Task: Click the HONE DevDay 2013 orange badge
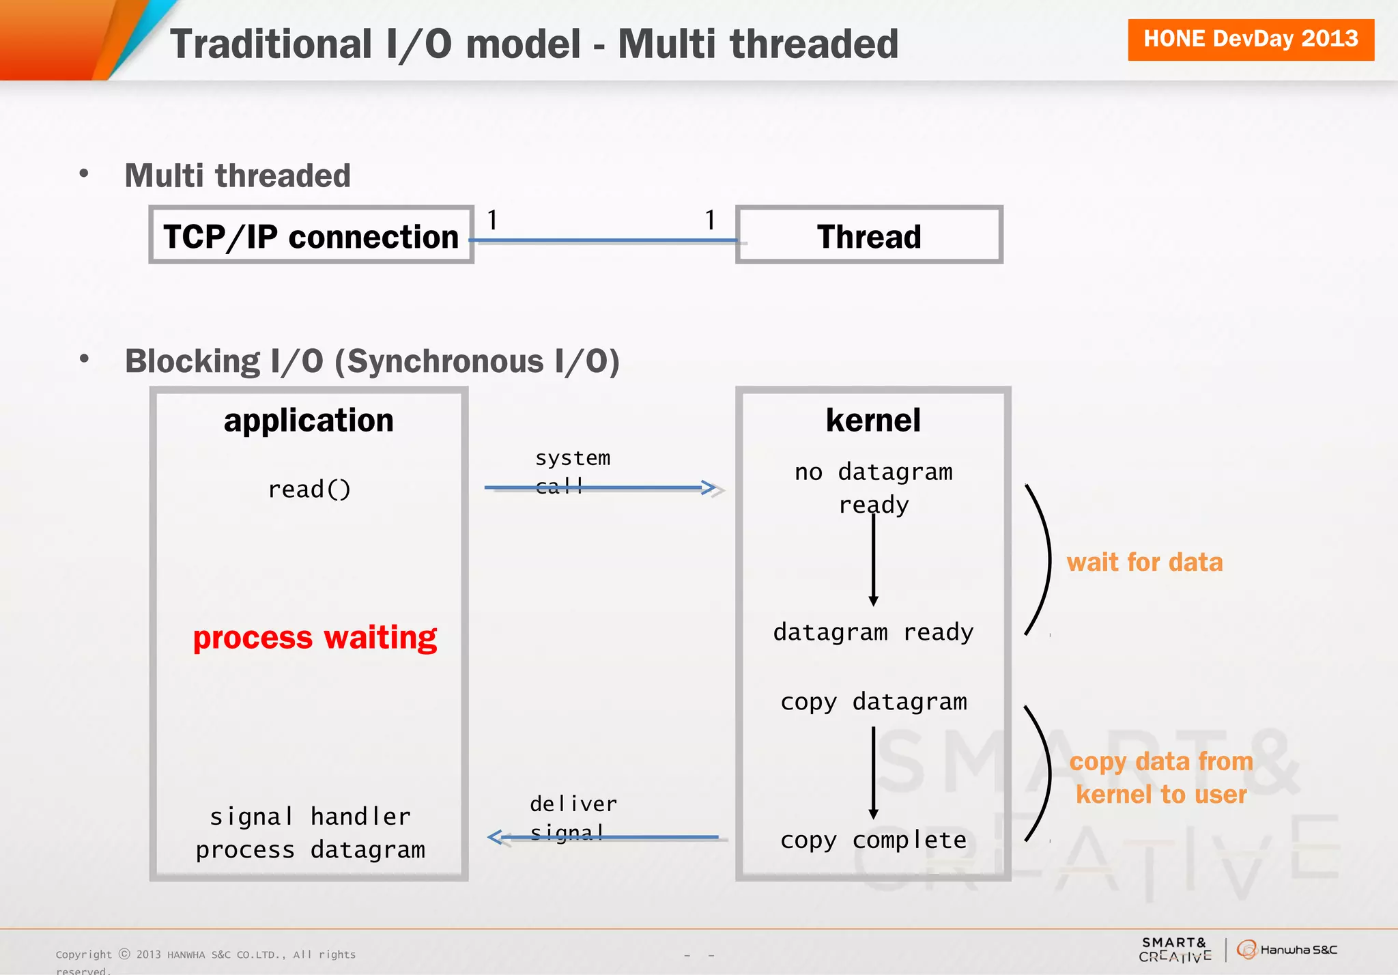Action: click(x=1250, y=40)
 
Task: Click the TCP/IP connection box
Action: click(x=311, y=235)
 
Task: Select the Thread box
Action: click(x=868, y=235)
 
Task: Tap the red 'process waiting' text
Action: click(x=315, y=638)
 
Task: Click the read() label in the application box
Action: click(x=309, y=489)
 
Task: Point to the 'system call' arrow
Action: click(x=601, y=487)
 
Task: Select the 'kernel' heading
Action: click(x=873, y=420)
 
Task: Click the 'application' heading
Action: click(x=309, y=420)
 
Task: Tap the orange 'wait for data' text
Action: click(x=1144, y=562)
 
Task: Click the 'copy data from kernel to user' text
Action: click(x=1160, y=778)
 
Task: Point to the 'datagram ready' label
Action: click(x=873, y=632)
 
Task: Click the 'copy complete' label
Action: click(x=873, y=840)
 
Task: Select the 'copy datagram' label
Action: click(x=873, y=702)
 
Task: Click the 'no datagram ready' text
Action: click(x=873, y=487)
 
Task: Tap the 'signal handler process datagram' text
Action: click(x=311, y=833)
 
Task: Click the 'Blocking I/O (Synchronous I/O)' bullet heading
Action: click(x=372, y=361)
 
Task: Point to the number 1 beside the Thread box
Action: click(x=710, y=220)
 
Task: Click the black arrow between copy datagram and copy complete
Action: click(x=873, y=772)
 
